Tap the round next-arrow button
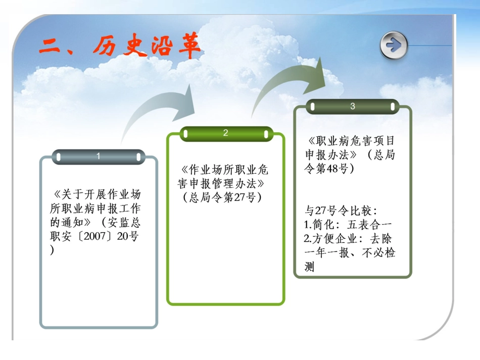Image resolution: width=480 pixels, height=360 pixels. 393,45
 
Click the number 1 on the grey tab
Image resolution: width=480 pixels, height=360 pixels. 99,157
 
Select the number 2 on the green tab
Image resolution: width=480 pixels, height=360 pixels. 226,133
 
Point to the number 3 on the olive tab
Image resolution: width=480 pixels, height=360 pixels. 353,107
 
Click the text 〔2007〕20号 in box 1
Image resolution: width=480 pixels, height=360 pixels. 107,236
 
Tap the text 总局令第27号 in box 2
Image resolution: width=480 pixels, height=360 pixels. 222,197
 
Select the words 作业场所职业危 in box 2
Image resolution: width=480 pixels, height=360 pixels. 228,169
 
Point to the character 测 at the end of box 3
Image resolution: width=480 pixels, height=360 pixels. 310,267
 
